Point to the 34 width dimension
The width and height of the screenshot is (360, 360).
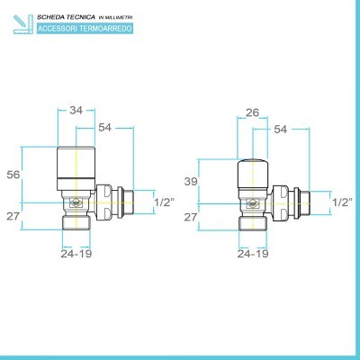click(76, 112)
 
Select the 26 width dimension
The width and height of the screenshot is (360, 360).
click(254, 112)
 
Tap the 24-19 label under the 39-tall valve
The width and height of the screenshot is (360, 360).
click(254, 255)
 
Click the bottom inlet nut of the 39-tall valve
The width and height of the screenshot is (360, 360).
click(254, 225)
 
